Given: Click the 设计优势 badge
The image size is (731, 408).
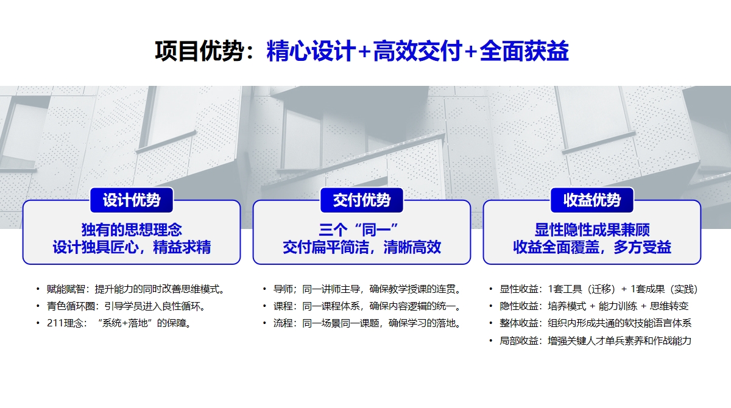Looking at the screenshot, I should (x=132, y=200).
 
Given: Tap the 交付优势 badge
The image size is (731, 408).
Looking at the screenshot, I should (x=362, y=200).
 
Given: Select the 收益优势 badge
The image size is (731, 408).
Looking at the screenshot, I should (x=592, y=200).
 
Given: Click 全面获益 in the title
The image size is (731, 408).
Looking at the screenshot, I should (x=524, y=51).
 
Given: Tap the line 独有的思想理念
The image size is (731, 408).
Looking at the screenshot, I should (x=132, y=230).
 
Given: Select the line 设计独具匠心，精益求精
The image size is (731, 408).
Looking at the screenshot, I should (x=132, y=247).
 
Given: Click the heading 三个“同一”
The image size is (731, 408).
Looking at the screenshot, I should (x=362, y=230).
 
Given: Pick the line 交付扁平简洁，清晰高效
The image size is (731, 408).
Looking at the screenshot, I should (x=362, y=247).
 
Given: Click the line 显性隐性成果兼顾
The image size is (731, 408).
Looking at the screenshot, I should (x=592, y=230).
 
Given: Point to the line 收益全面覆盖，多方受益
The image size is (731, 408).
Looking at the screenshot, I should (x=592, y=247).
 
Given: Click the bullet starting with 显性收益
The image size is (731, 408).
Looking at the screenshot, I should (x=598, y=289).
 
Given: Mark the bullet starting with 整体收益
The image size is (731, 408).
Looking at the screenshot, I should (x=595, y=323).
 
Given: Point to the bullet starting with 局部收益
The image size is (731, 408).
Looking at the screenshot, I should (x=595, y=340).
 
